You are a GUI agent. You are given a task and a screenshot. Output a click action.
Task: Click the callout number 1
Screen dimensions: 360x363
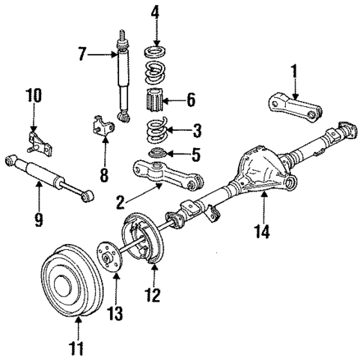(x=294, y=73)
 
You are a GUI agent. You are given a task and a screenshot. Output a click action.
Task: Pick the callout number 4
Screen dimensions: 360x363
(x=156, y=13)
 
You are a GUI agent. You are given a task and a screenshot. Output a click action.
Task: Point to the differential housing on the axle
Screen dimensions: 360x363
(x=258, y=174)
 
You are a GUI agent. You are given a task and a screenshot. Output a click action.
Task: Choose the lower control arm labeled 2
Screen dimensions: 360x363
(x=166, y=177)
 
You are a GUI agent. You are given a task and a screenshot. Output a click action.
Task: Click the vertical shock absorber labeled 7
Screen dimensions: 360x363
(x=121, y=79)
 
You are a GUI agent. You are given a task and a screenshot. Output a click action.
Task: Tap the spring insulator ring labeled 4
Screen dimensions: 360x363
(x=155, y=52)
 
